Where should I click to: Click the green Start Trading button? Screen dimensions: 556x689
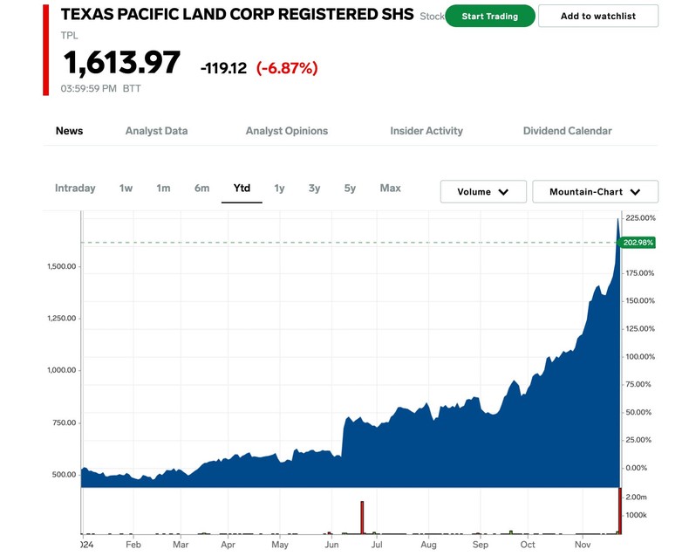(489, 16)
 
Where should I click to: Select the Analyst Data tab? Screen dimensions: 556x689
(156, 131)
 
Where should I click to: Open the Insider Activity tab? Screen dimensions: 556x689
(426, 131)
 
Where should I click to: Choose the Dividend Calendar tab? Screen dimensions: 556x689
(567, 131)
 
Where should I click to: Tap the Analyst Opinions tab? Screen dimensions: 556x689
(287, 131)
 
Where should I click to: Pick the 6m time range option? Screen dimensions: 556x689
(201, 189)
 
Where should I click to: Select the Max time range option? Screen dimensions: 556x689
(390, 189)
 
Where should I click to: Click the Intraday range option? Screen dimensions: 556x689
(75, 189)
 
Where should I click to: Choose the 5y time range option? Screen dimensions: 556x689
(350, 189)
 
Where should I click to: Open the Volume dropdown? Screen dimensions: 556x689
(483, 192)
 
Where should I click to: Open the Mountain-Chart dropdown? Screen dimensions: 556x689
(595, 192)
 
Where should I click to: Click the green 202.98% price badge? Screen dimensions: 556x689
(638, 243)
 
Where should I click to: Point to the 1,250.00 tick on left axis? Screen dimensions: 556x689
(63, 318)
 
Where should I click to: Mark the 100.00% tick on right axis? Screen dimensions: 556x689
(640, 356)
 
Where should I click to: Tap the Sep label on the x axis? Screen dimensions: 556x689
(481, 544)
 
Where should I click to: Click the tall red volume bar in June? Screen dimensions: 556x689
(361, 517)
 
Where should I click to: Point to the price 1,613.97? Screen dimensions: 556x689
(121, 64)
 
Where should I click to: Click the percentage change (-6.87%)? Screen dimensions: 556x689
(287, 68)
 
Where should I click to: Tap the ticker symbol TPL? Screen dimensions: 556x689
(70, 36)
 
